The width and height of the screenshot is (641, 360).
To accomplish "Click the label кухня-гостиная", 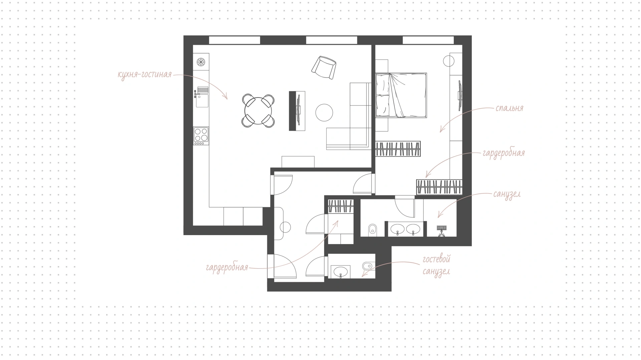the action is click(145, 74).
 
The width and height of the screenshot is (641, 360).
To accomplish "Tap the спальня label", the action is click(509, 108).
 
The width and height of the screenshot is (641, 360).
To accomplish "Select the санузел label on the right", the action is click(507, 194).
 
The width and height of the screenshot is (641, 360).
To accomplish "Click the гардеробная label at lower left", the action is click(227, 268).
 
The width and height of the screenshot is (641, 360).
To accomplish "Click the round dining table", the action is click(259, 111).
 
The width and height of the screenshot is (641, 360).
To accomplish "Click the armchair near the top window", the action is click(324, 68).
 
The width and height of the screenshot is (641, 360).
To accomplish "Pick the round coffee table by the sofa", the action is click(324, 113).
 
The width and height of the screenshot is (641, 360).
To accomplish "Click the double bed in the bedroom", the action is click(401, 96).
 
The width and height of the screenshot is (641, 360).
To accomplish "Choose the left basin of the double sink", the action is click(398, 229).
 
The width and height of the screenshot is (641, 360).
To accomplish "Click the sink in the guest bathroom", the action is click(341, 272).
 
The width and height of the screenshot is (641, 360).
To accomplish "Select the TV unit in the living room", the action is click(297, 111).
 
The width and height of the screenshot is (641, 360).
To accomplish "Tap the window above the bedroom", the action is click(428, 40).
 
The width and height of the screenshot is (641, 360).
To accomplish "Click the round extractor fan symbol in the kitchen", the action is click(201, 61).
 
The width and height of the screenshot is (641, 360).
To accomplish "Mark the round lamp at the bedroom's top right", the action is click(449, 61).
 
